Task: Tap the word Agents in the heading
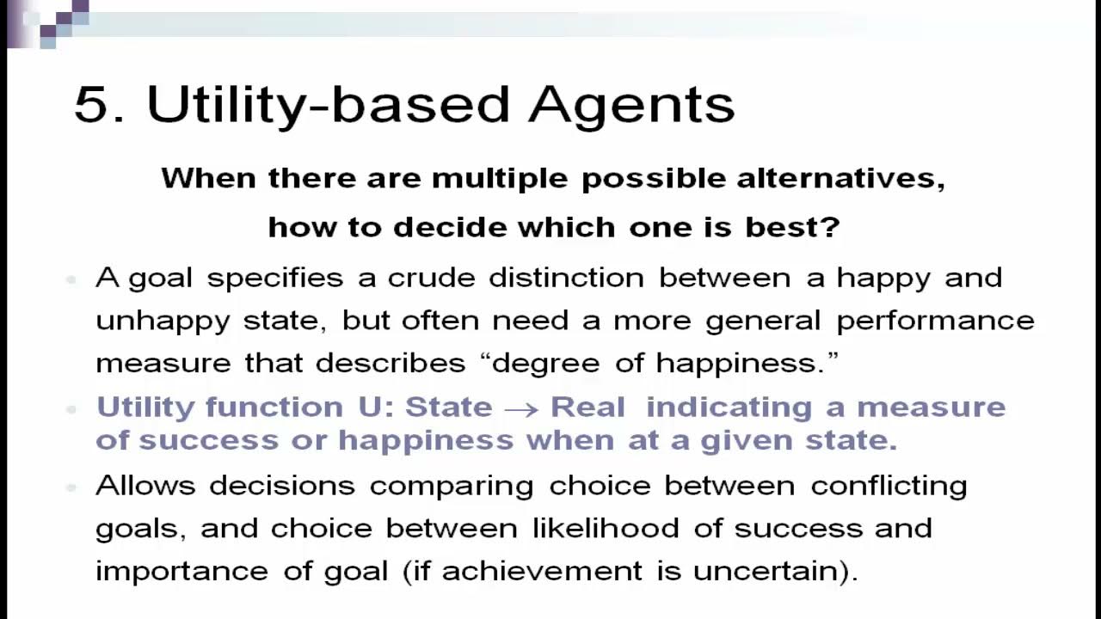631,105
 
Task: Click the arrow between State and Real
521,408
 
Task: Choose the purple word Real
587,407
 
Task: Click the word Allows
145,486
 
